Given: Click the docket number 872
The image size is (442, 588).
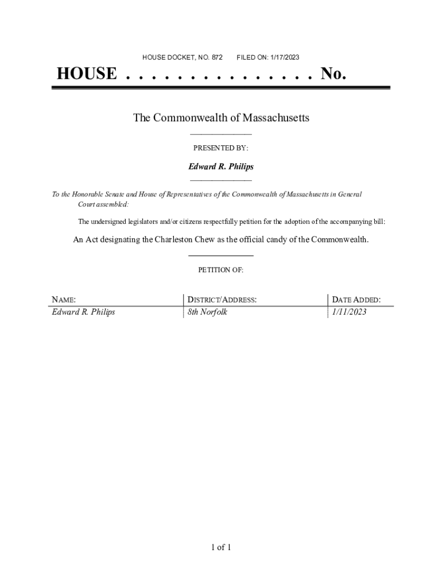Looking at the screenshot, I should tap(217, 57).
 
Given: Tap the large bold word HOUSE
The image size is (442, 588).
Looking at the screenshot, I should tap(86, 74).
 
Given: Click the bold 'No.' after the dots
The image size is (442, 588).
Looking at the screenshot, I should tap(334, 74).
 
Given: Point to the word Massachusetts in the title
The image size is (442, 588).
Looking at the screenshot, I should tap(276, 118).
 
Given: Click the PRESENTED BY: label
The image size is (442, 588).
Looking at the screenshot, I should tap(221, 148).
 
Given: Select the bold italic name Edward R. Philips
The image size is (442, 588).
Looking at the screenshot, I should tap(221, 167).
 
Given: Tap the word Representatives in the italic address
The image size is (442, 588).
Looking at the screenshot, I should tap(196, 195).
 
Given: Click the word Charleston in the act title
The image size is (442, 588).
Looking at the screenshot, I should tap(175, 239).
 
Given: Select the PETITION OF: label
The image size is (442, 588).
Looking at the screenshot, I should tap(221, 269).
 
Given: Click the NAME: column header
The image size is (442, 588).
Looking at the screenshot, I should tap(64, 300).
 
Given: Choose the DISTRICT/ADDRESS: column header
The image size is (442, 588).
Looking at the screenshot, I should tap(222, 300).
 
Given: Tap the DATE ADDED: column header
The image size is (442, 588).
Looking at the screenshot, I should tap(356, 300).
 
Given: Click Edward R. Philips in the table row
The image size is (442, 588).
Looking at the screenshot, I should tap(83, 312).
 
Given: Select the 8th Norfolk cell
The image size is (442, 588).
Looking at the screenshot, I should tap(207, 312).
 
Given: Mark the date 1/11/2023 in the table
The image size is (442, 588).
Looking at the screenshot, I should tap(349, 312).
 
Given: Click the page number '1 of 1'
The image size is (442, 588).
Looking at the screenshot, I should tap(221, 547).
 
